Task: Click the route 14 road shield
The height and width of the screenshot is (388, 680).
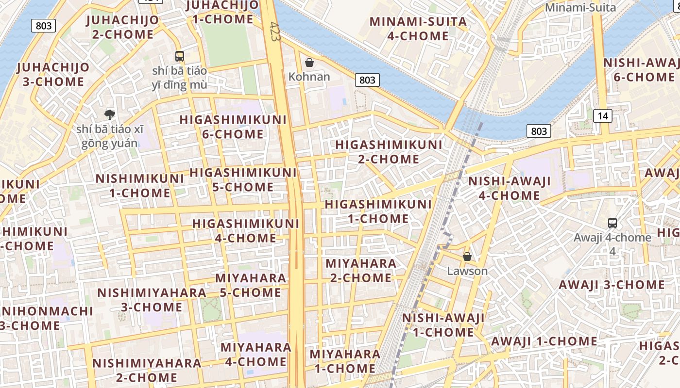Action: coord(602,116)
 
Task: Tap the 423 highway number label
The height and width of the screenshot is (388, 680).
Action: coord(275,32)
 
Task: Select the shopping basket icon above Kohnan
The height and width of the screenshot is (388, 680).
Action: coord(309,63)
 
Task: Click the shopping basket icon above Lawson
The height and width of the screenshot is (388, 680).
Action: coord(467,257)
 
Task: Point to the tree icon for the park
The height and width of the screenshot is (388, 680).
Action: coord(110,115)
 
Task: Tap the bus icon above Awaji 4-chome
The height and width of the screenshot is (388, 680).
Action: coord(612,223)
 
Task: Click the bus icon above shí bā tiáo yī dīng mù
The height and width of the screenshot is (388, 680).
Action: coord(180,56)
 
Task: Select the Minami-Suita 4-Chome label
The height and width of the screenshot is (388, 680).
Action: coord(418,29)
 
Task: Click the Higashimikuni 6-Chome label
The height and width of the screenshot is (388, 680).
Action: coord(233,127)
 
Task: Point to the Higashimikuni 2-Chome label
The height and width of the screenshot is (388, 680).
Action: coord(389,152)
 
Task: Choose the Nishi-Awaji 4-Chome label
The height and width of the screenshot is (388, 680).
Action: coord(509,188)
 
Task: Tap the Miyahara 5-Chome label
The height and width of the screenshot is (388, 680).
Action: coord(251,285)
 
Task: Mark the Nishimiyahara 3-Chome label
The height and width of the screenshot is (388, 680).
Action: coord(152,300)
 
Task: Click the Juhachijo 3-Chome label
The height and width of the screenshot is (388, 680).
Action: coord(53,74)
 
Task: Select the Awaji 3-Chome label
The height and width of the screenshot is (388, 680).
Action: coord(612,285)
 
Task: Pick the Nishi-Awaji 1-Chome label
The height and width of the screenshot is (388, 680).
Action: coord(443,325)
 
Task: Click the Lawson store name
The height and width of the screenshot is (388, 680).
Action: coord(467,271)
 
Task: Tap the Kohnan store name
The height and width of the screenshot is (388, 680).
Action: coord(309,77)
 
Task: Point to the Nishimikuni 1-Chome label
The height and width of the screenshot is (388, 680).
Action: coord(139,185)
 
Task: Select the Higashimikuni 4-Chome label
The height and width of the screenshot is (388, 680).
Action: coord(246,230)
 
